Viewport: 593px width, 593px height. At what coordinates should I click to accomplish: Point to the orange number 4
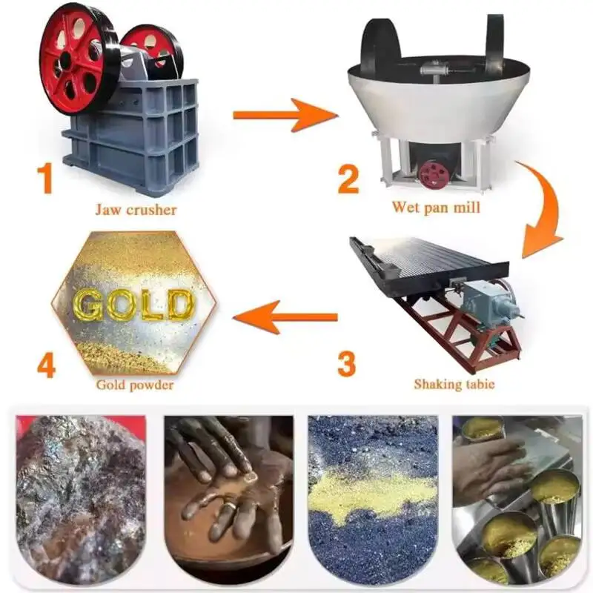[x=46, y=365]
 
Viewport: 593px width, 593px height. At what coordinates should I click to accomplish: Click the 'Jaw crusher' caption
[x=136, y=210]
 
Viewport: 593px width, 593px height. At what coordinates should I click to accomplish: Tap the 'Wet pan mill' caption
[x=437, y=208]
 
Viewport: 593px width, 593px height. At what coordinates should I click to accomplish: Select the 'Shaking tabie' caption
[x=454, y=384]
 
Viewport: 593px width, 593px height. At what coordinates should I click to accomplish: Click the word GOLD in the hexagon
[x=133, y=304]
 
